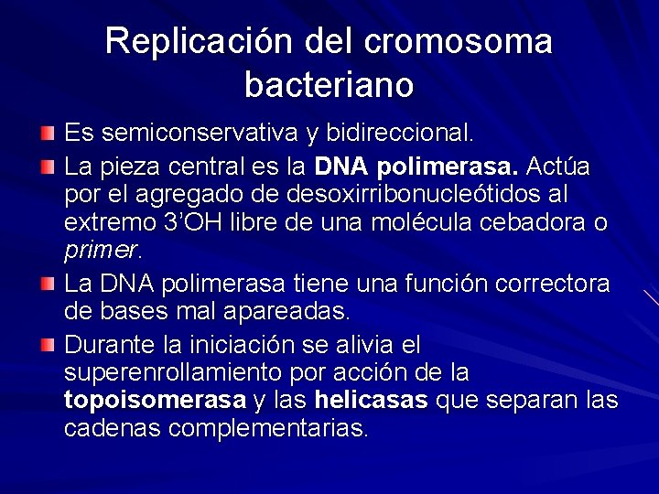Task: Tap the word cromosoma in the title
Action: point(458,42)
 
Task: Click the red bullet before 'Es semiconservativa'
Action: point(48,134)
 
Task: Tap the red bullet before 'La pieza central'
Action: point(48,167)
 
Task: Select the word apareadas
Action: point(290,311)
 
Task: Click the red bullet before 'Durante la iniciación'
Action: point(48,345)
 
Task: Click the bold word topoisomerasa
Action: point(155,401)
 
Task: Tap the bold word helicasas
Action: point(371,401)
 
